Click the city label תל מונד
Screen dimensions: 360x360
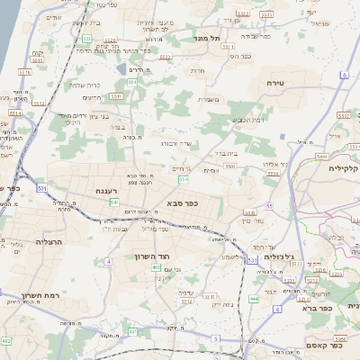[212, 39]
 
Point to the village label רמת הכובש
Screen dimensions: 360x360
[247, 120]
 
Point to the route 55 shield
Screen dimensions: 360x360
[269, 206]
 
